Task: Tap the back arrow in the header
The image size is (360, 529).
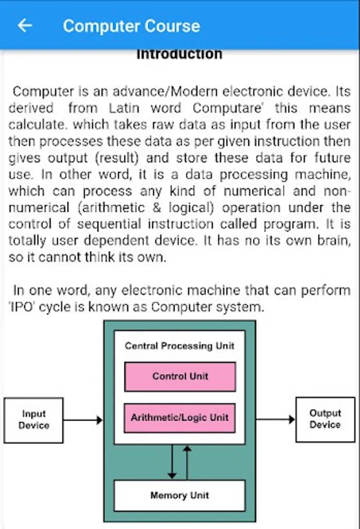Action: (25, 25)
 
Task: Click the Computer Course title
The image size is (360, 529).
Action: (132, 26)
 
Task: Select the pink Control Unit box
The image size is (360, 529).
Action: (180, 377)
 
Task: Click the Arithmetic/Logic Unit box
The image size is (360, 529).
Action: (180, 418)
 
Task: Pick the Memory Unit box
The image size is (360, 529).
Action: (180, 495)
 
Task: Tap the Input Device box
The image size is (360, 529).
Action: (33, 420)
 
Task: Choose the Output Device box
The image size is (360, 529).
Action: (325, 419)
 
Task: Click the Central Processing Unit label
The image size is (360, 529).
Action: (180, 346)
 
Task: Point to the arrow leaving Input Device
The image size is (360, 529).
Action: (83, 420)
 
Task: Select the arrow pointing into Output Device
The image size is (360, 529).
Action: (275, 419)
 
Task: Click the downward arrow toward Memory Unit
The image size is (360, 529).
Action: (172, 462)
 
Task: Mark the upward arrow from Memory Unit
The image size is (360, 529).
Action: (187, 463)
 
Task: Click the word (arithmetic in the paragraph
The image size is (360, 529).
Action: (111, 208)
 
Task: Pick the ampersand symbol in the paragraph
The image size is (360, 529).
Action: (157, 207)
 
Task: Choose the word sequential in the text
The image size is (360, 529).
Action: (109, 225)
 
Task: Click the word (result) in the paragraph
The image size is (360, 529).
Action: (117, 158)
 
